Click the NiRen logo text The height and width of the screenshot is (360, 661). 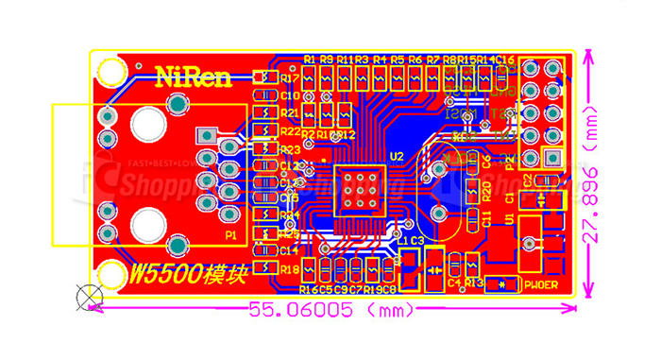[193, 77]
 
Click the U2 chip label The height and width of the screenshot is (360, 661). [396, 156]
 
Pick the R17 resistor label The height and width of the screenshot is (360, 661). [290, 77]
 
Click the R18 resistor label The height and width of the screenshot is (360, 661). [290, 269]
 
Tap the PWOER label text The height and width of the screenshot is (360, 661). [543, 283]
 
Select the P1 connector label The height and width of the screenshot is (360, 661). [230, 234]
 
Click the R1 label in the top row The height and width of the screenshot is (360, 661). [310, 60]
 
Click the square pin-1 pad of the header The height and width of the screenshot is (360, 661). [553, 160]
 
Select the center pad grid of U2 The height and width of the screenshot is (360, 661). [360, 189]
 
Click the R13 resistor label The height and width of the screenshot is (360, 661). [475, 282]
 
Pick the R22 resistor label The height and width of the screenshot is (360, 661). [290, 131]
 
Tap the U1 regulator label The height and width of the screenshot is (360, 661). [510, 219]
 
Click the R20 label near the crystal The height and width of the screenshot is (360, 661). [486, 192]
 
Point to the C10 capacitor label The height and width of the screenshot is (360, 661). [290, 95]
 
